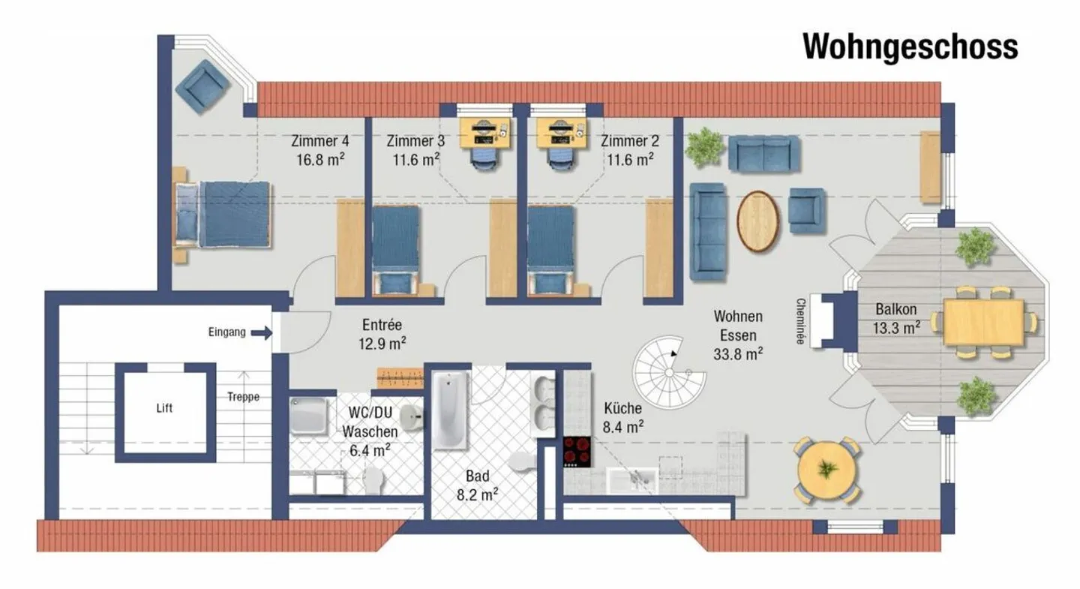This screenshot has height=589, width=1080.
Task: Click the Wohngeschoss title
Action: pos(910,47)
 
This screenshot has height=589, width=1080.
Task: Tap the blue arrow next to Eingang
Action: pos(262,332)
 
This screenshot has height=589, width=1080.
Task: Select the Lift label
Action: pos(164,408)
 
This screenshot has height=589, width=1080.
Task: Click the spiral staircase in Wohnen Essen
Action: pos(669,372)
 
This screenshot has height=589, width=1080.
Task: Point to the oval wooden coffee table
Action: pos(758,221)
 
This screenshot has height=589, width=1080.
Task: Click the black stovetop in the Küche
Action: pos(577,452)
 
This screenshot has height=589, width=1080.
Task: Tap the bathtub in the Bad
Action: pos(450,410)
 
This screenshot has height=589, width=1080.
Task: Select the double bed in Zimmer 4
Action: pos(222,214)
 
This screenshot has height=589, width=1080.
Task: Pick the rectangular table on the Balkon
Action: pos(983,323)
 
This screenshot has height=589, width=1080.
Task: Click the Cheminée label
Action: pos(800,321)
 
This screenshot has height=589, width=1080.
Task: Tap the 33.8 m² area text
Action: pos(738,354)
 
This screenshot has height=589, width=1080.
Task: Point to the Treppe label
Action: pos(244,397)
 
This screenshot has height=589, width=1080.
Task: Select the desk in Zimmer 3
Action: pos(484,133)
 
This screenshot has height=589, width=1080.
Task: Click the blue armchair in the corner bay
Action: pos(202,87)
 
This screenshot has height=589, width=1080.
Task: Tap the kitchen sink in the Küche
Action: pos(632,480)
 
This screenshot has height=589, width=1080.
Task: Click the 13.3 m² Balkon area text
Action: pos(896,328)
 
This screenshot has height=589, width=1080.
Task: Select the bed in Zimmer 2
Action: pos(551,251)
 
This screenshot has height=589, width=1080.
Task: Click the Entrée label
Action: pos(382,325)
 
